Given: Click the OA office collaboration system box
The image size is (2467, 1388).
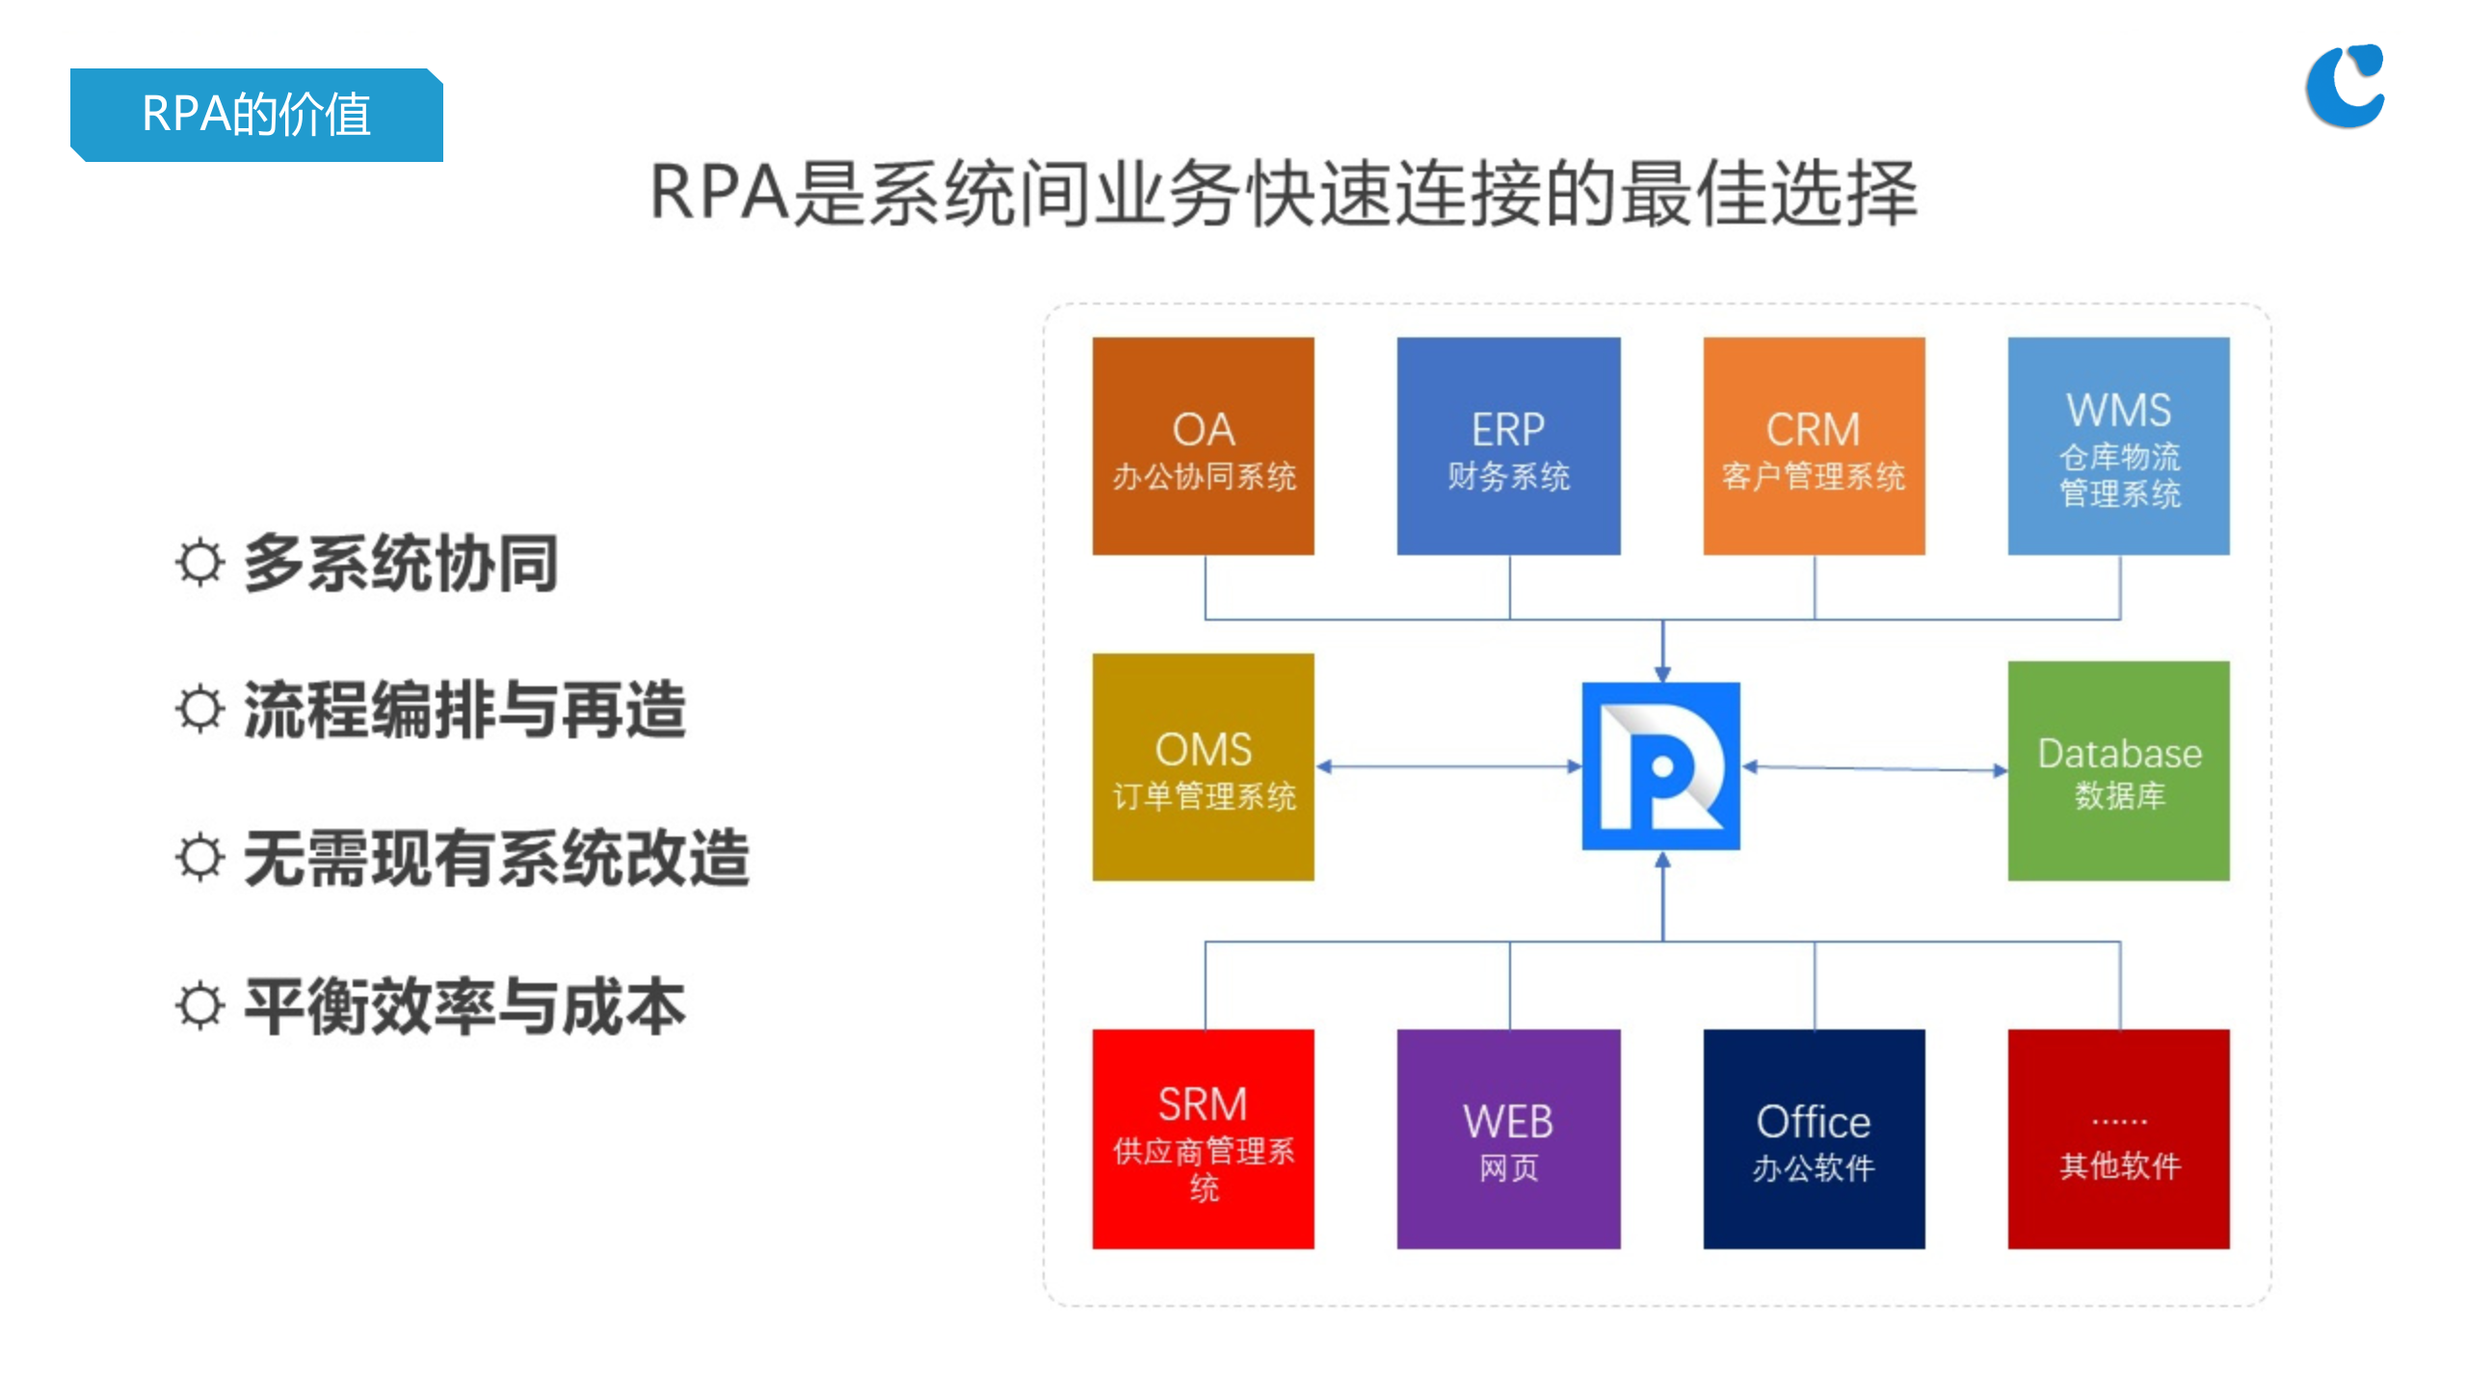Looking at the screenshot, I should click(1203, 445).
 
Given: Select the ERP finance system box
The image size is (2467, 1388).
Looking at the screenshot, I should click(1508, 445).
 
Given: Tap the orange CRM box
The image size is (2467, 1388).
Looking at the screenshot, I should click(1813, 445).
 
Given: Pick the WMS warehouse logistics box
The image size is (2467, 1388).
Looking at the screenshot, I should click(2118, 445).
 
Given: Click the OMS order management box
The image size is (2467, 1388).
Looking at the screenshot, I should click(1203, 767).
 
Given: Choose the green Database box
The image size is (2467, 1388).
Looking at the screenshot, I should click(2118, 770).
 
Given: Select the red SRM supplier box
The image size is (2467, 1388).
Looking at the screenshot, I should click(1203, 1138).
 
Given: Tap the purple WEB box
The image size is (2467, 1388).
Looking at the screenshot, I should click(1508, 1138).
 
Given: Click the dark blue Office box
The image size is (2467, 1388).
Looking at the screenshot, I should click(1813, 1138).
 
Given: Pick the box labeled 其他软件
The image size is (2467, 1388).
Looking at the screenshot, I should click(2118, 1138).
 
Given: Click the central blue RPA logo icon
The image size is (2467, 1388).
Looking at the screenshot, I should click(1660, 766).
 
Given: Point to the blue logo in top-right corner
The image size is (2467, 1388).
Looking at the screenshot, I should click(2344, 86).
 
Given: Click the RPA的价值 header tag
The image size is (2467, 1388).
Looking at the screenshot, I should click(256, 115).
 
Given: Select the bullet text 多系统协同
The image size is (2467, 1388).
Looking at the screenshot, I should click(400, 563).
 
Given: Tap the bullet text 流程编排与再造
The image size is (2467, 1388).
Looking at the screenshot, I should click(464, 710).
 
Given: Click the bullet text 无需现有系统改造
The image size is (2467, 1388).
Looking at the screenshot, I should click(495, 858).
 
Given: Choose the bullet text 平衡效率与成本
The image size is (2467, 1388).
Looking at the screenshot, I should click(464, 1006).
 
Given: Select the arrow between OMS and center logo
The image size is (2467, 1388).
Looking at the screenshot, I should click(1447, 767).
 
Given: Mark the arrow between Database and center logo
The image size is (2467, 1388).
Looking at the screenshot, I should click(1874, 768).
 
